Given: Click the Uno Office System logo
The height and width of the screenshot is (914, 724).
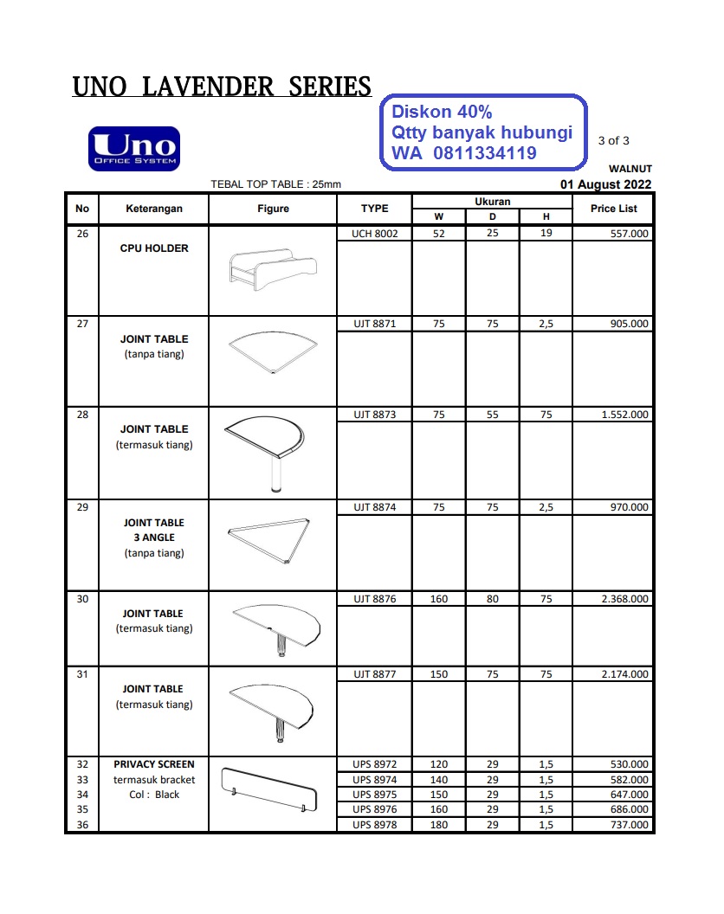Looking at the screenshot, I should pyautogui.click(x=133, y=149).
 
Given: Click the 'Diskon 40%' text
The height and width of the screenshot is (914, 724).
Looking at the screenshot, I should pyautogui.click(x=442, y=112).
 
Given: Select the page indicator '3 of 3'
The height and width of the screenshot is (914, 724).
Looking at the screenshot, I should pyautogui.click(x=614, y=140).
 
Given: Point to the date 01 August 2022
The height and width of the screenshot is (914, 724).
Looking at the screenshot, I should pyautogui.click(x=606, y=183).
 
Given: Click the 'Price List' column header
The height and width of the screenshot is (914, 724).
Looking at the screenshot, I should pyautogui.click(x=613, y=209).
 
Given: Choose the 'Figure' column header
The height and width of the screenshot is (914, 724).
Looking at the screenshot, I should pyautogui.click(x=273, y=209).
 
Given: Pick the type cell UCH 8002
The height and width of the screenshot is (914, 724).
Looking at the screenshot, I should pyautogui.click(x=374, y=234).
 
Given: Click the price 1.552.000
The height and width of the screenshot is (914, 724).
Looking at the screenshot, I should pyautogui.click(x=624, y=415).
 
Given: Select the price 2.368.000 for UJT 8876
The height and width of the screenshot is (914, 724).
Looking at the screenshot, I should pyautogui.click(x=624, y=599).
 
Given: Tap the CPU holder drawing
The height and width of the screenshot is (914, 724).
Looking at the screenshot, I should pyautogui.click(x=271, y=269).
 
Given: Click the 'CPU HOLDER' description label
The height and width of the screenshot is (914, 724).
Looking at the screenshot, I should pyautogui.click(x=154, y=248).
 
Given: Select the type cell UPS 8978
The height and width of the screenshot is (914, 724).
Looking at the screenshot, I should pyautogui.click(x=374, y=825).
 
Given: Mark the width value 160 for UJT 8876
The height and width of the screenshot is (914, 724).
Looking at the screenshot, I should pyautogui.click(x=439, y=599).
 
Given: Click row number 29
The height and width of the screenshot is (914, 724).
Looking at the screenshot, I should pyautogui.click(x=82, y=507).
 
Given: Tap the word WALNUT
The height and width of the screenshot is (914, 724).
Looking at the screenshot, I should pyautogui.click(x=630, y=169).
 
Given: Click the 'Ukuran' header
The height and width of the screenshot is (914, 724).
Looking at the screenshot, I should pyautogui.click(x=492, y=202).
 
